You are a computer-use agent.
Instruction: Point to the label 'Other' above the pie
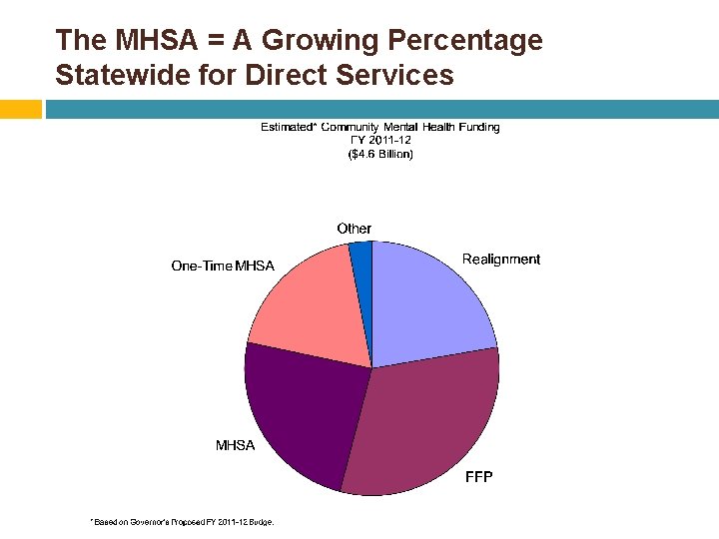pyautogui.click(x=354, y=229)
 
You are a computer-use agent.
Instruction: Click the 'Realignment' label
pyautogui.click(x=500, y=260)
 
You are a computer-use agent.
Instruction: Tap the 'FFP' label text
pyautogui.click(x=479, y=477)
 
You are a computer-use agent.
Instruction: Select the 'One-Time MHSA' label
pyautogui.click(x=223, y=266)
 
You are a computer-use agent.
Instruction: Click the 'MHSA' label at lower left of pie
pyautogui.click(x=236, y=445)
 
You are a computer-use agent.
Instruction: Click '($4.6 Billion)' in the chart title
pyautogui.click(x=380, y=155)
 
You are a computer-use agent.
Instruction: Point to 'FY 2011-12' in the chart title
pyautogui.click(x=380, y=141)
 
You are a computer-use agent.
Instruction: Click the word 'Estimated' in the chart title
pyautogui.click(x=288, y=127)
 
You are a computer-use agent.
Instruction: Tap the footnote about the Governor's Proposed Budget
pyautogui.click(x=182, y=521)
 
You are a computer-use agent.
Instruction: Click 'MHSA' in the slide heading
pyautogui.click(x=147, y=40)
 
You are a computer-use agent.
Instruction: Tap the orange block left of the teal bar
pyautogui.click(x=21, y=109)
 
